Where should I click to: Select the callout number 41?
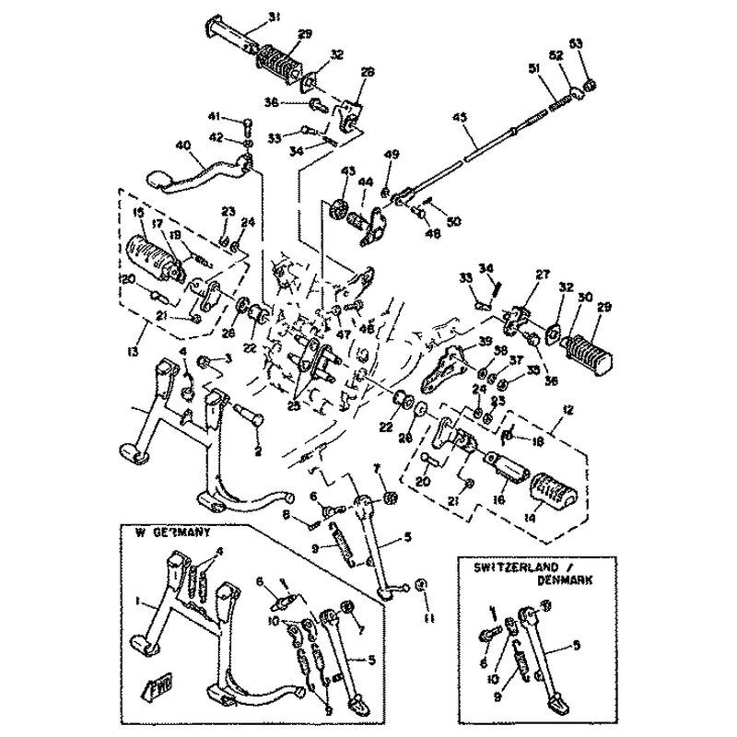(214, 116)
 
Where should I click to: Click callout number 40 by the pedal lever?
(182, 144)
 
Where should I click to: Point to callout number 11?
(427, 620)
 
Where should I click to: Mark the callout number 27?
(542, 274)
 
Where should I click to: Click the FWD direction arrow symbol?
(150, 688)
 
